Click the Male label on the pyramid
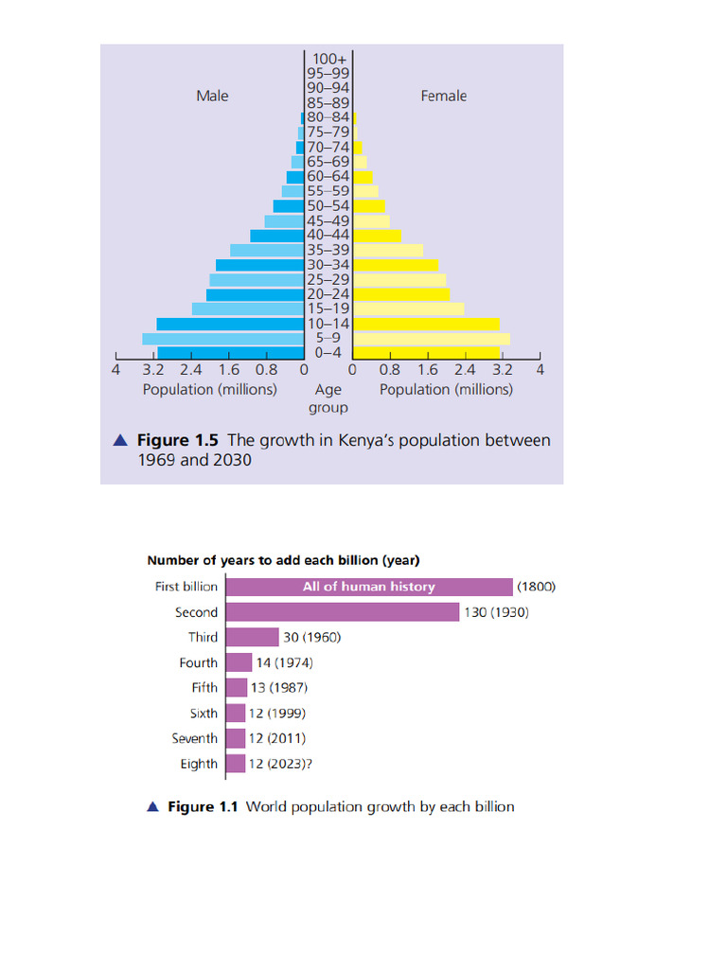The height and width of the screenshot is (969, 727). [x=212, y=96]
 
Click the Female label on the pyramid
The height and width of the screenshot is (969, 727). [x=443, y=96]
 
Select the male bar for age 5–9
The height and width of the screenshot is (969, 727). [x=222, y=338]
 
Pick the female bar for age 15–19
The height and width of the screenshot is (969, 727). [x=408, y=308]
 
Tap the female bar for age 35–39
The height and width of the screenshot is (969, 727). [x=387, y=250]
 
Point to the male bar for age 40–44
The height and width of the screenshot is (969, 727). [x=276, y=236]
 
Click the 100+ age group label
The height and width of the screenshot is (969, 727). [x=328, y=59]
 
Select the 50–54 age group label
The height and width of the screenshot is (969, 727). [x=328, y=205]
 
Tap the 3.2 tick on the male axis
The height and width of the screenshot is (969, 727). [x=153, y=370]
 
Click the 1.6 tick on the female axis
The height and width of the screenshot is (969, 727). [x=427, y=370]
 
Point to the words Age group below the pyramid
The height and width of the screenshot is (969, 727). [x=328, y=398]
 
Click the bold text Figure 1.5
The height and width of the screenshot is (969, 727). [x=178, y=440]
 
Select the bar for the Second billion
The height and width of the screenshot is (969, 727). [x=342, y=612]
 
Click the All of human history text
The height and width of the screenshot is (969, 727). [x=368, y=587]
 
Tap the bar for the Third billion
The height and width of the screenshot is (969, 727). [x=252, y=637]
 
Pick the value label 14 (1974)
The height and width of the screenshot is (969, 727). [x=284, y=662]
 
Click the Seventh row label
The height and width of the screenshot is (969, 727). [x=194, y=738]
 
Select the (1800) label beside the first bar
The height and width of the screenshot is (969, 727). [x=537, y=587]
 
